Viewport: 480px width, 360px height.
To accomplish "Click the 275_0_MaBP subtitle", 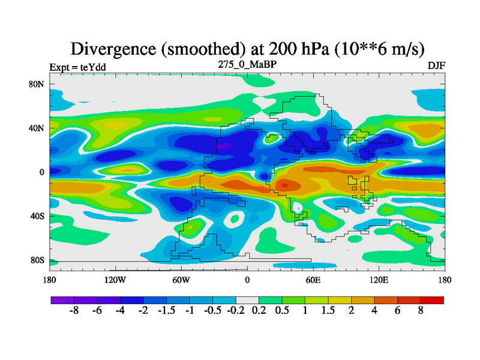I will coord(247,64).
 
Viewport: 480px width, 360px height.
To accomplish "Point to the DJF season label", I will coord(436,67).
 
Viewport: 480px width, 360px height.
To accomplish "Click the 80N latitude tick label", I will coord(37,84).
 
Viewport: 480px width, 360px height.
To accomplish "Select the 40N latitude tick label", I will coord(37,128).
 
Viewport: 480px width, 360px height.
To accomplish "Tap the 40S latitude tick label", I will coord(37,216).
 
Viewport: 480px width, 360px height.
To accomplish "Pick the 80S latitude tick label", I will coord(37,260).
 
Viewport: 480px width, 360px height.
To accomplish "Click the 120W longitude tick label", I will coord(115,280).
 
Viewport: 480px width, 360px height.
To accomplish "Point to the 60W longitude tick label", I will coord(181,280).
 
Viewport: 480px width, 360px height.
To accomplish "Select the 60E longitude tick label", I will coord(313,280).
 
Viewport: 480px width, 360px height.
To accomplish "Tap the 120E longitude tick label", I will coord(379,280).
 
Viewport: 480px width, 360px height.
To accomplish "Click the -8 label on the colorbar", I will coord(74,311).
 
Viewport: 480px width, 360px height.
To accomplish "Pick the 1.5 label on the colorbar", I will coord(328,311).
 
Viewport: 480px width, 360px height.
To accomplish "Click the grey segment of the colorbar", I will coord(247,300).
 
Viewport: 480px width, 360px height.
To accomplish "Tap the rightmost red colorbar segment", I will coord(432,300).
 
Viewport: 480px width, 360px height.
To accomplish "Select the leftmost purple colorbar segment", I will coord(62,300).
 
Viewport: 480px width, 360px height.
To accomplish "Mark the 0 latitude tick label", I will coord(42,172).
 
